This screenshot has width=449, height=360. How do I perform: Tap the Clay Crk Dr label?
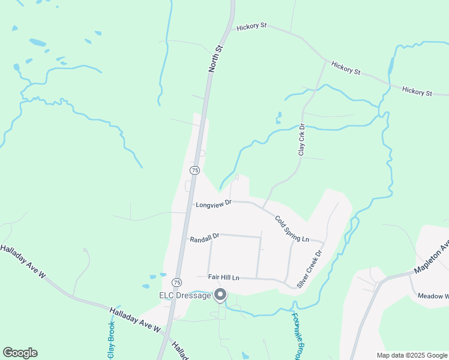point(302,140)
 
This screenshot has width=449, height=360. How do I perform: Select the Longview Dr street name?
point(213,205)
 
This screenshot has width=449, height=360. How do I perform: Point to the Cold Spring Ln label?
point(292,229)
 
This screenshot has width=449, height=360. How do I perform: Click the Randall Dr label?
point(205,239)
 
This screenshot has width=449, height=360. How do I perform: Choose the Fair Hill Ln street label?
point(223,277)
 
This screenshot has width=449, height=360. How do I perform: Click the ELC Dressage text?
point(185,295)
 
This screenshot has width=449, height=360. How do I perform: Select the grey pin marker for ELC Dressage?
point(220,295)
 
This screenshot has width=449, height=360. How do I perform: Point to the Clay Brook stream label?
point(111,339)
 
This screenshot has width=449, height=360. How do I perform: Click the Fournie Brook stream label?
point(295,336)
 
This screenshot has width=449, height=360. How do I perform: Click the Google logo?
point(20,352)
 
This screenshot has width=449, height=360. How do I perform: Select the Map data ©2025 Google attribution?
point(412,355)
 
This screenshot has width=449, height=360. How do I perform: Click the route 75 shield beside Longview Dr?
point(194,170)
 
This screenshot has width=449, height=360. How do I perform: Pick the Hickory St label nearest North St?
point(252,27)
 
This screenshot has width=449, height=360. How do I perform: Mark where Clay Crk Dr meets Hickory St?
point(326,60)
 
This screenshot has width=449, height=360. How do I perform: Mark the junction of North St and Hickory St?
point(229,27)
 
